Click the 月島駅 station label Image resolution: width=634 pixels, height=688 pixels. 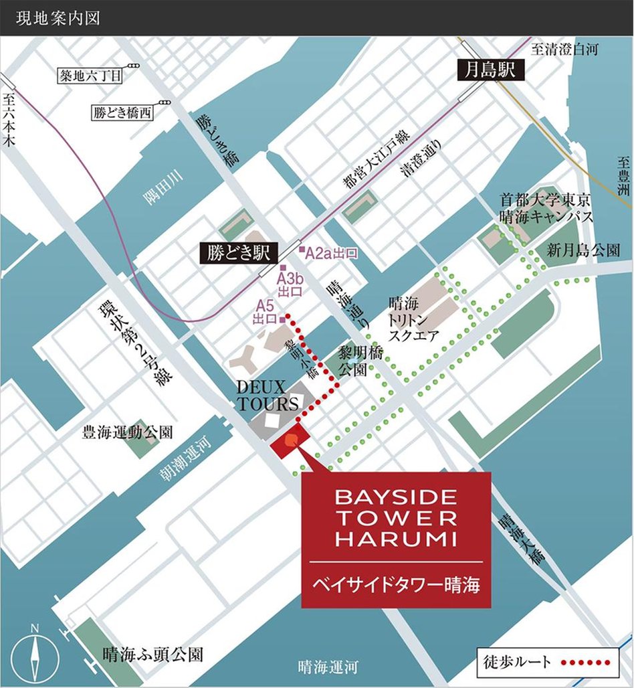pos(490,69)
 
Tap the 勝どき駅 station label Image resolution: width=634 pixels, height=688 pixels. pos(237,253)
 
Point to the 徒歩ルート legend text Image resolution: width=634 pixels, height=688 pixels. pos(517,663)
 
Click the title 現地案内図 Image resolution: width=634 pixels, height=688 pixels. pos(57,17)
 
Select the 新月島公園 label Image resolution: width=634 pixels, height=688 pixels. pos(583,250)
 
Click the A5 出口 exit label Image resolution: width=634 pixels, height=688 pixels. pos(266,313)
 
